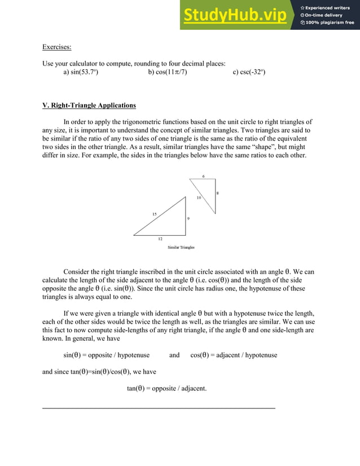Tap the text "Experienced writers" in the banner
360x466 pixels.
point(330,7)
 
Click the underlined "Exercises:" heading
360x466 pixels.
point(56,47)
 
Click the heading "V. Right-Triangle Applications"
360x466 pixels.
point(89,105)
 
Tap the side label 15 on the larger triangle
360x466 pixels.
point(154,214)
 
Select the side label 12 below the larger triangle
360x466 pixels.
point(160,239)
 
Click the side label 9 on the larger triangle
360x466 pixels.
point(188,218)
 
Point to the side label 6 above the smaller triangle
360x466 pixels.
point(203,176)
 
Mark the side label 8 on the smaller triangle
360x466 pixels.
point(217,194)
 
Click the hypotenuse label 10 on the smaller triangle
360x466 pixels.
point(199,198)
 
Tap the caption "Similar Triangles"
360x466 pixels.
point(181,247)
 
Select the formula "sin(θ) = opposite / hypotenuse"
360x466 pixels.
point(106,355)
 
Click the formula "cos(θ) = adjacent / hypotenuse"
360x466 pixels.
point(234,355)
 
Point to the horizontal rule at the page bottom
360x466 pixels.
point(159,407)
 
